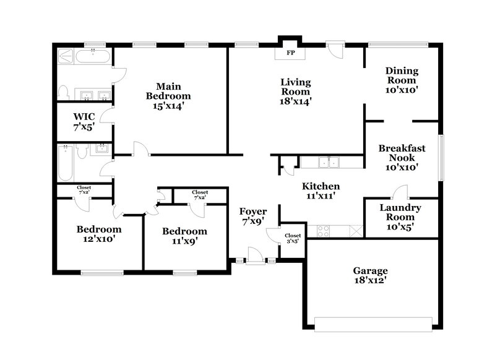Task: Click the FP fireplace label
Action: click(x=291, y=53)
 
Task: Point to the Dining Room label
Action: click(x=402, y=80)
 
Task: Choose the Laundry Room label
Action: click(x=400, y=217)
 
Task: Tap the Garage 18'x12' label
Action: click(x=371, y=275)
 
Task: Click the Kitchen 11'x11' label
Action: click(x=320, y=191)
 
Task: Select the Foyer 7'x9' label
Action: click(x=252, y=216)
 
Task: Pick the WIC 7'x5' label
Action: click(x=83, y=121)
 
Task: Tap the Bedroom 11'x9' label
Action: click(x=184, y=236)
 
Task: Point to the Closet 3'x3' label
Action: click(x=293, y=238)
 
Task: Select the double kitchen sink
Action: click(x=329, y=163)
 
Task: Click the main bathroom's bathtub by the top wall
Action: click(x=93, y=58)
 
